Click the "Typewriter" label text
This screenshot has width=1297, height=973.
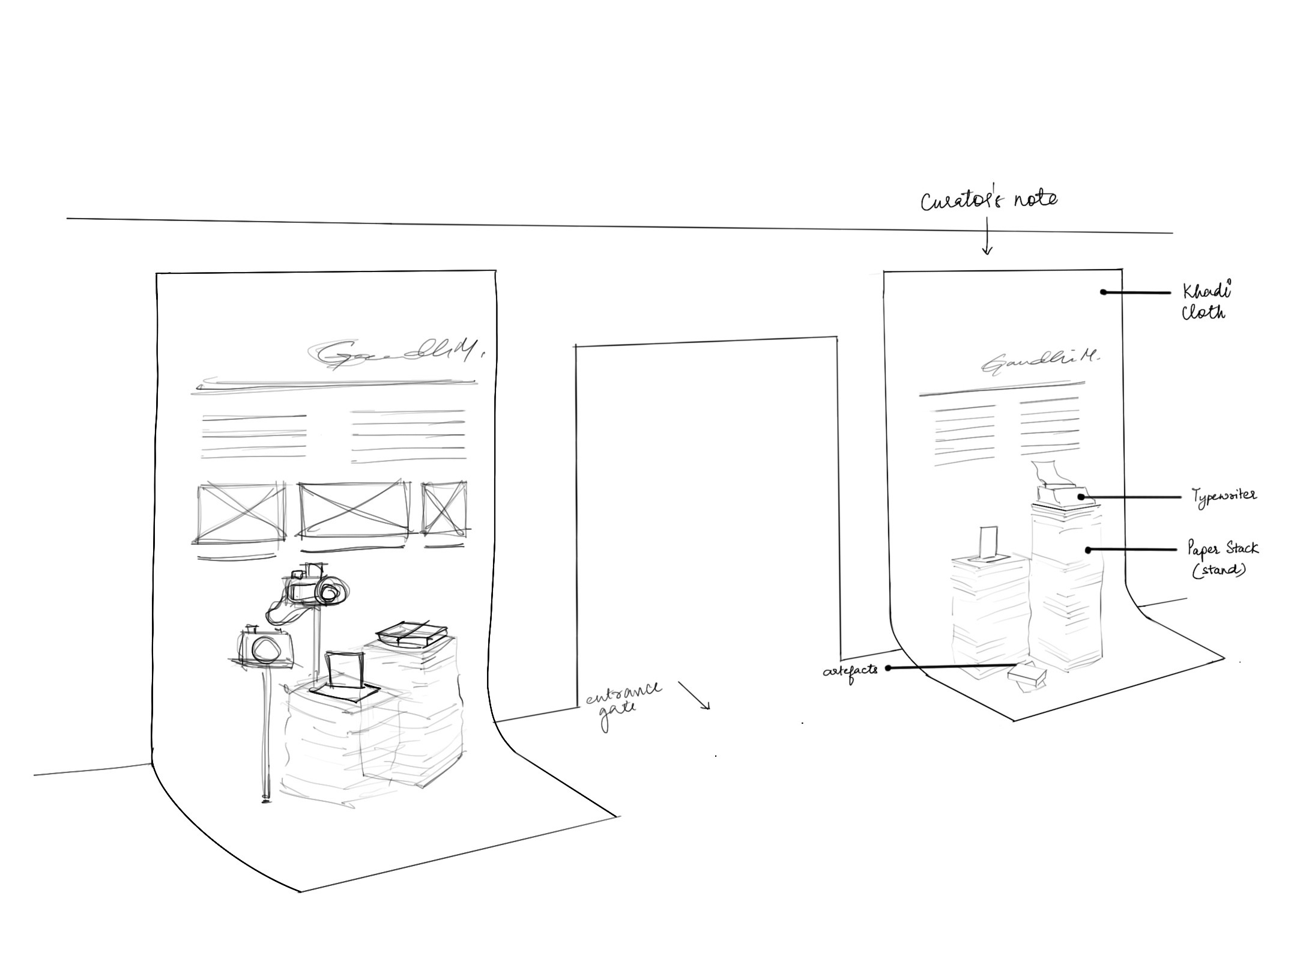click(x=1224, y=496)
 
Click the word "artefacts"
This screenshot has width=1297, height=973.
click(x=850, y=669)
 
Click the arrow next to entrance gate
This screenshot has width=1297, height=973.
click(x=695, y=696)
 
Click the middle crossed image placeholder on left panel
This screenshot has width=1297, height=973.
click(x=354, y=508)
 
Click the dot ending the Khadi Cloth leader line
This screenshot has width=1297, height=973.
click(x=1103, y=293)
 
